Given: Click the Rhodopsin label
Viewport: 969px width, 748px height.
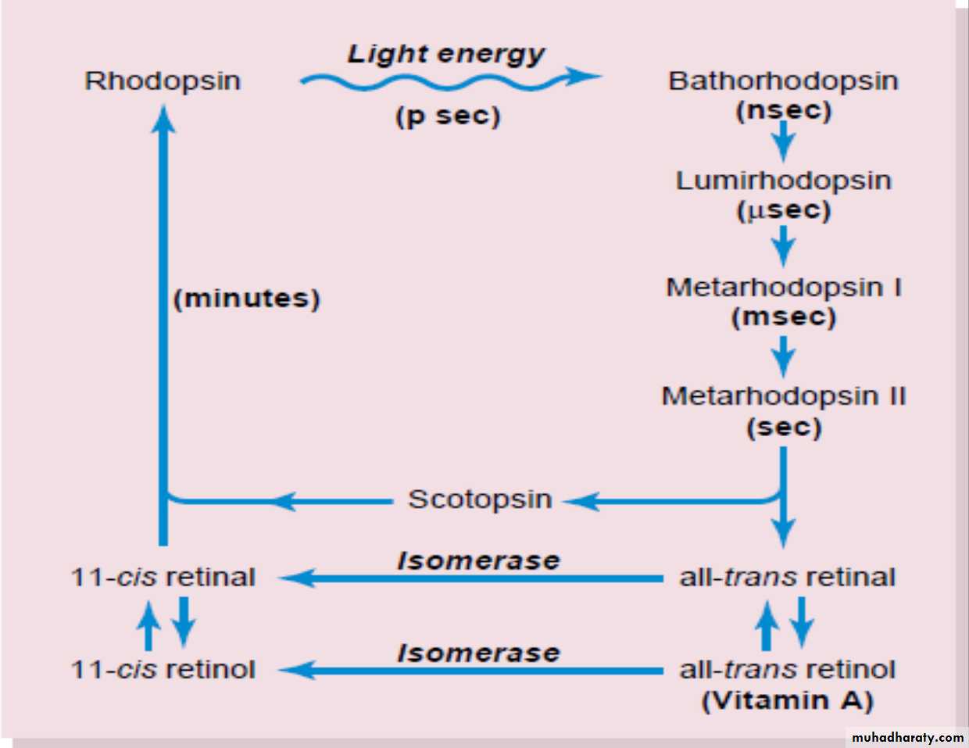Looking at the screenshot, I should pyautogui.click(x=163, y=81).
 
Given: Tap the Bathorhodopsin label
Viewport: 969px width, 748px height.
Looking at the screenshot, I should pyautogui.click(x=783, y=81).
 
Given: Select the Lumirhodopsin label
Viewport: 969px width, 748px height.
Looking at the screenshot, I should pyautogui.click(x=783, y=181).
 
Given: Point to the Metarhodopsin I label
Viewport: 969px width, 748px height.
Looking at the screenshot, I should pyautogui.click(x=783, y=288).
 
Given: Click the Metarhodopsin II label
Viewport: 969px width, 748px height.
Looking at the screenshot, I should pyautogui.click(x=783, y=396).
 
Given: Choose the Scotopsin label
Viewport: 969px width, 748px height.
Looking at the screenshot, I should pyautogui.click(x=480, y=499).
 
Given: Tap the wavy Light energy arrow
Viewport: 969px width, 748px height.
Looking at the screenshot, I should pyautogui.click(x=449, y=79).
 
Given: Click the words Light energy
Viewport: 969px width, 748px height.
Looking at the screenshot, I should pyautogui.click(x=446, y=53).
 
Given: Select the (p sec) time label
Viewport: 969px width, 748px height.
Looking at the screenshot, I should pyautogui.click(x=447, y=116).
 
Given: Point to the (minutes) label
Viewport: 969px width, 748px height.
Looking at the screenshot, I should pyautogui.click(x=247, y=299).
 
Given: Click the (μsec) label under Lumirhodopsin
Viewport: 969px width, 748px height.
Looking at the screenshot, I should pyautogui.click(x=783, y=211).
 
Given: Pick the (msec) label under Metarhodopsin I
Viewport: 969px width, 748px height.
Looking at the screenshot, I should pyautogui.click(x=783, y=317).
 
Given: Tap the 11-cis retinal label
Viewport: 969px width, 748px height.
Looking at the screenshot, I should pyautogui.click(x=163, y=578).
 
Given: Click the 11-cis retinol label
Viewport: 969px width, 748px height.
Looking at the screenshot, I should pyautogui.click(x=163, y=670).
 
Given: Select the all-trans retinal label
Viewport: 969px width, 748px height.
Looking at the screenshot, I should pyautogui.click(x=787, y=578).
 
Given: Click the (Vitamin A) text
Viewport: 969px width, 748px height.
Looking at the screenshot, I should pyautogui.click(x=787, y=700).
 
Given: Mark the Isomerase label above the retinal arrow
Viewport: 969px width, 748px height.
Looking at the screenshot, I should pyautogui.click(x=478, y=560).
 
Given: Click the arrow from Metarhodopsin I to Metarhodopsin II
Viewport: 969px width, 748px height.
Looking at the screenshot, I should pyautogui.click(x=783, y=356).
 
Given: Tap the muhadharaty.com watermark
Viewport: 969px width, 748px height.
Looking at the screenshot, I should pyautogui.click(x=907, y=737).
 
